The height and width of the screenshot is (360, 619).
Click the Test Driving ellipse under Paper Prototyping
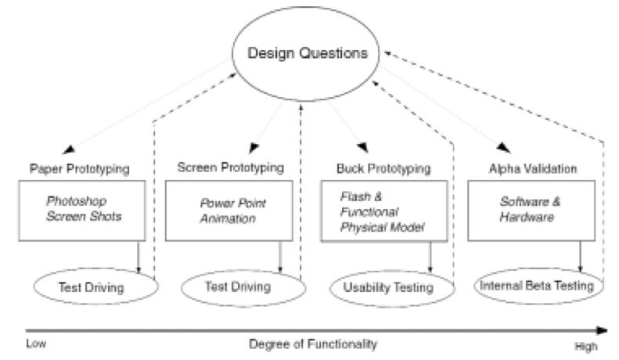tap(93, 286)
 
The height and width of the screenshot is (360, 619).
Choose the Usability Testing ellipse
tap(388, 287)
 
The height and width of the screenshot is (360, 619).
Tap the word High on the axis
tap(584, 344)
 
